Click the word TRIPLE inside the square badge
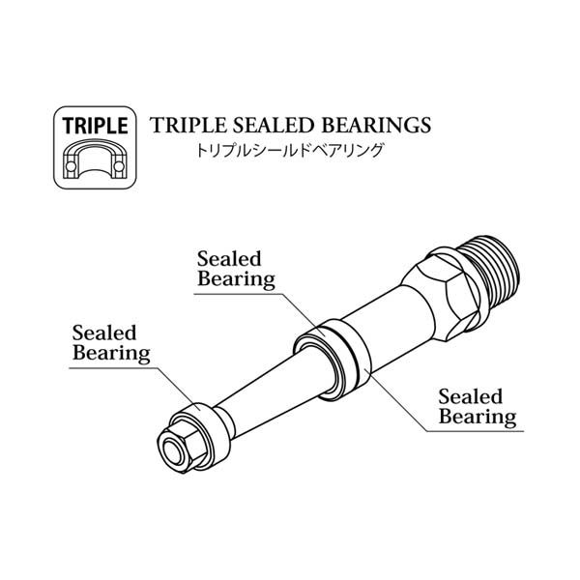click(95, 126)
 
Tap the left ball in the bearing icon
click(71, 166)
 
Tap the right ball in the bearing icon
click(119, 166)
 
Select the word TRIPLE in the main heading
click(188, 125)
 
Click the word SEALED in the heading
click(274, 125)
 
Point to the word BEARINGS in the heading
click(376, 125)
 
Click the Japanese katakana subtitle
click(289, 151)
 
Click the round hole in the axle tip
click(173, 451)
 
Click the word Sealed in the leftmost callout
click(104, 333)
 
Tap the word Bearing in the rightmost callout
click(478, 417)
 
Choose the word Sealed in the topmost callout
click(229, 259)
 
